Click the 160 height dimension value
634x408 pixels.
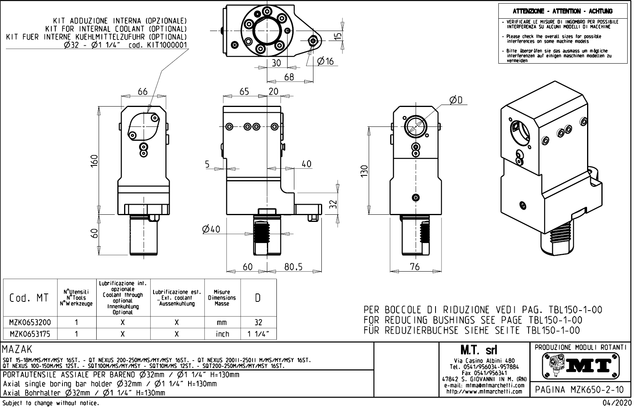tap(94, 161)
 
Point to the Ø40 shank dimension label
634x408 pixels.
tap(211, 229)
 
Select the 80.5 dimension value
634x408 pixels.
tap(293, 267)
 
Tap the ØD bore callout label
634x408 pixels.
tap(456, 100)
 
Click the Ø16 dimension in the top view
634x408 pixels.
tap(325, 61)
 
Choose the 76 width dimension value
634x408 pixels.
tap(414, 267)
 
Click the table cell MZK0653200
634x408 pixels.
tap(30, 323)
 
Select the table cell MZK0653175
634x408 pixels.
tap(30, 334)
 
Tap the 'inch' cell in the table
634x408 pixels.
tap(222, 334)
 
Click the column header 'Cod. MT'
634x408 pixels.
tap(29, 298)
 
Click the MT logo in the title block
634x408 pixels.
tap(581, 365)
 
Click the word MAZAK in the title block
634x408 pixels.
tap(17, 349)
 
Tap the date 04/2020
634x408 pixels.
tap(618, 403)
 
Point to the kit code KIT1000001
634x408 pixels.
tap(167, 45)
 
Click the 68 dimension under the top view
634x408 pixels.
tap(289, 77)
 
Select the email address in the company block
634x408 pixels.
tap(484, 385)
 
